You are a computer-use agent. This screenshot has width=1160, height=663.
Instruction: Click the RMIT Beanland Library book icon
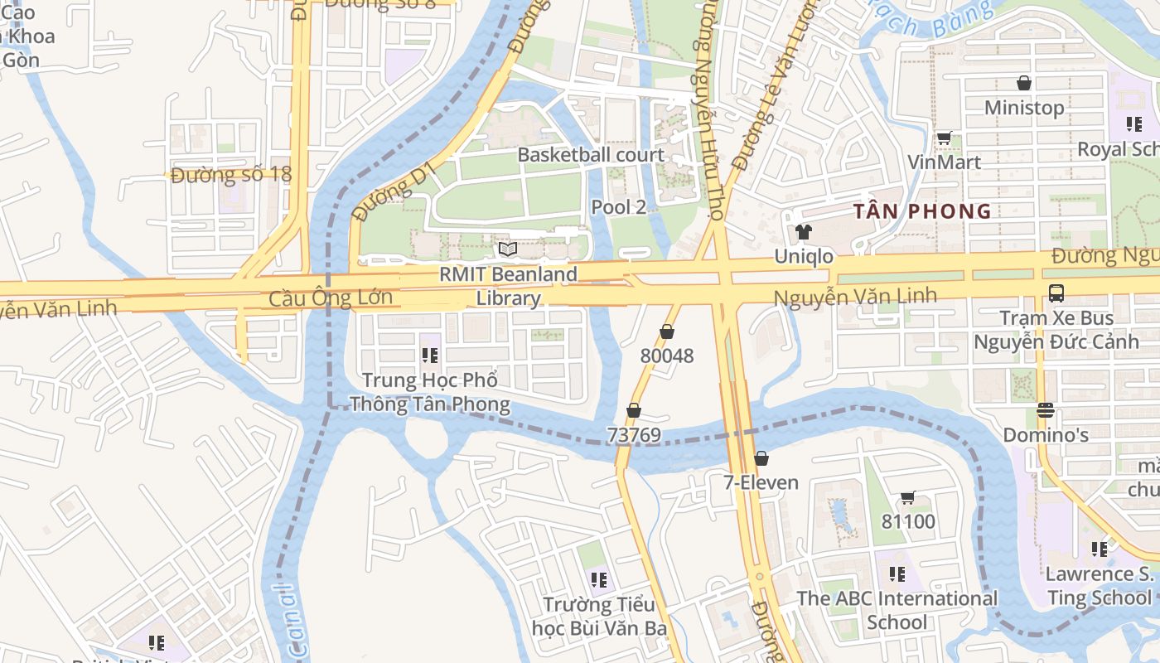[508, 249]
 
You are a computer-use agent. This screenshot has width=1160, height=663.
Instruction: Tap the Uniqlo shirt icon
[802, 232]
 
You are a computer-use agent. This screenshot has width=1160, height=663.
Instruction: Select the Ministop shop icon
[1024, 83]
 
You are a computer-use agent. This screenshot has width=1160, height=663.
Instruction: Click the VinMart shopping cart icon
[944, 138]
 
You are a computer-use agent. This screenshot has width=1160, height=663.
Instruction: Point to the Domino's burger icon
[1046, 410]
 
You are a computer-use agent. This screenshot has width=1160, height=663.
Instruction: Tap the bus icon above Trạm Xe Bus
[1056, 293]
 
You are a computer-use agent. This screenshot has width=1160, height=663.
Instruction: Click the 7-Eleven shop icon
[761, 458]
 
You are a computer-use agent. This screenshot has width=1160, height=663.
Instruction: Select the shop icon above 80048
[667, 331]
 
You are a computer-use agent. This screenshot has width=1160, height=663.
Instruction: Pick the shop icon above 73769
[634, 410]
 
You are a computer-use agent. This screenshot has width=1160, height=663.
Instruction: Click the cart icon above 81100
[907, 497]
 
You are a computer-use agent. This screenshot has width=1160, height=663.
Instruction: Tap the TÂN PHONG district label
[922, 211]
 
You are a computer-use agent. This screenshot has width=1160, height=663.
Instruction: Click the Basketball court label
[591, 155]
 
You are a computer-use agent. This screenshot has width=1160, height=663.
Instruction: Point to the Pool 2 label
[618, 207]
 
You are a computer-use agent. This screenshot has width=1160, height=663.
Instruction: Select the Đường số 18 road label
[231, 175]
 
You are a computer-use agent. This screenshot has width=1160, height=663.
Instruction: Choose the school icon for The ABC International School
[897, 573]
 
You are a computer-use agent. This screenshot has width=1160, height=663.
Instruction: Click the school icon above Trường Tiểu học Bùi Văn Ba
[599, 579]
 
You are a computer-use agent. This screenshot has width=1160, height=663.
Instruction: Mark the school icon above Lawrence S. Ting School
[1100, 549]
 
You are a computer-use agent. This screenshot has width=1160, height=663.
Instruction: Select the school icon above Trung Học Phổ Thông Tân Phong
[429, 356]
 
